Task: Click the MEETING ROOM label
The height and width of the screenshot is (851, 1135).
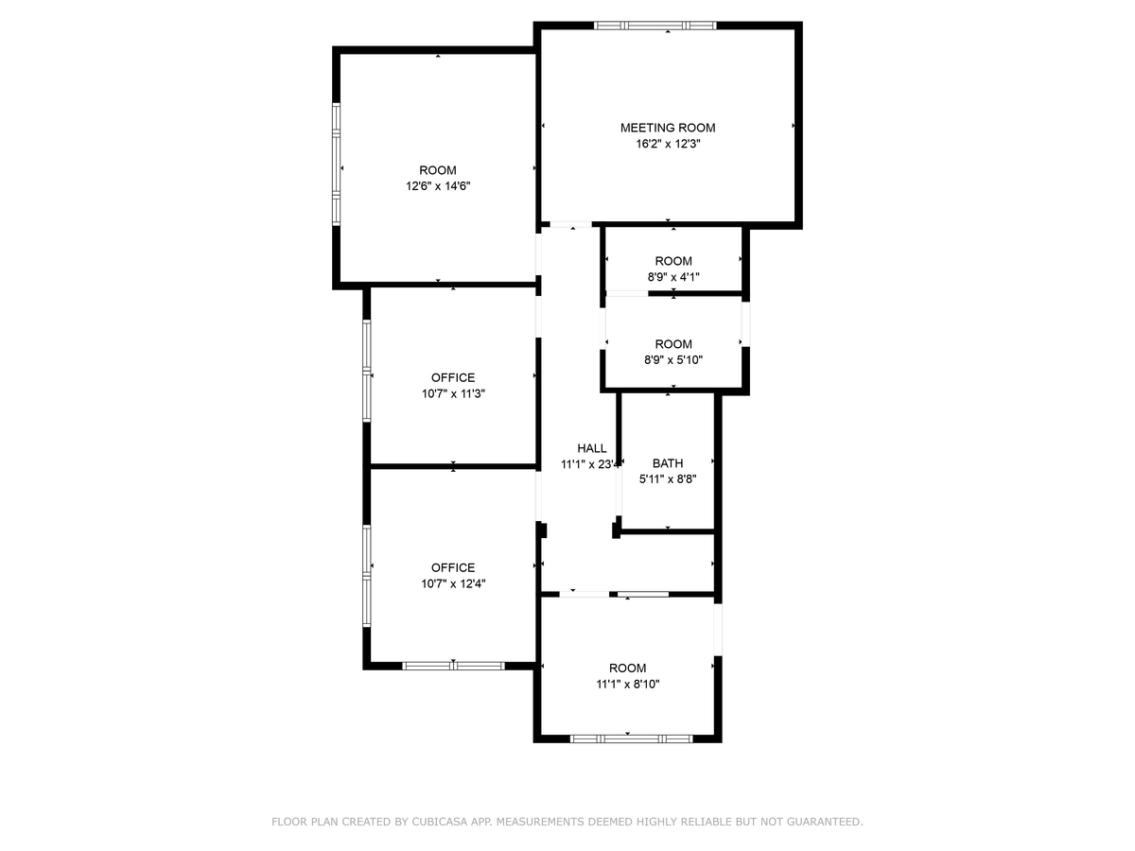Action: [668, 128]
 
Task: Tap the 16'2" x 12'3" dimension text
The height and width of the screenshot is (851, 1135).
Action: [668, 145]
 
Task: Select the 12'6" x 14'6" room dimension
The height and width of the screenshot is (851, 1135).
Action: [438, 187]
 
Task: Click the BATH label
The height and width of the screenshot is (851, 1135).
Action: [668, 463]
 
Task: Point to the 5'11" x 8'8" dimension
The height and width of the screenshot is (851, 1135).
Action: [668, 479]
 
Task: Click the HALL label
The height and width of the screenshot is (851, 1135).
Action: [592, 448]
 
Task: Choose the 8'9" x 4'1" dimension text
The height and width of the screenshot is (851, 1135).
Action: [673, 277]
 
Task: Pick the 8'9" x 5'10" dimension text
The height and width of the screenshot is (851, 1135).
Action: [673, 360]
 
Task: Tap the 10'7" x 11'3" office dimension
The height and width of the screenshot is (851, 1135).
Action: [453, 394]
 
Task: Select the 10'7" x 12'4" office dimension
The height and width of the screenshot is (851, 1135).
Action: [453, 584]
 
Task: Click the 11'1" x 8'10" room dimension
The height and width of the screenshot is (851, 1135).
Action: [627, 684]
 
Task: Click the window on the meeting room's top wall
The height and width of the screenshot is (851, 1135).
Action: [655, 26]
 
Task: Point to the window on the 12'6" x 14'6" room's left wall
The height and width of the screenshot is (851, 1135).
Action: [336, 165]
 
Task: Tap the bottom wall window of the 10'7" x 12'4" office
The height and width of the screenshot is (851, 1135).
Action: [453, 666]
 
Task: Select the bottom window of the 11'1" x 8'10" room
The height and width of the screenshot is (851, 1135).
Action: [631, 738]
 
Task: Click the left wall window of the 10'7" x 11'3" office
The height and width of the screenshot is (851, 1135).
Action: [367, 374]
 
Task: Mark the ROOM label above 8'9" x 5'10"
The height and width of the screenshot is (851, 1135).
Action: [673, 344]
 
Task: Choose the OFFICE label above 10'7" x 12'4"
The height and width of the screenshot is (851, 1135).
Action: [453, 568]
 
